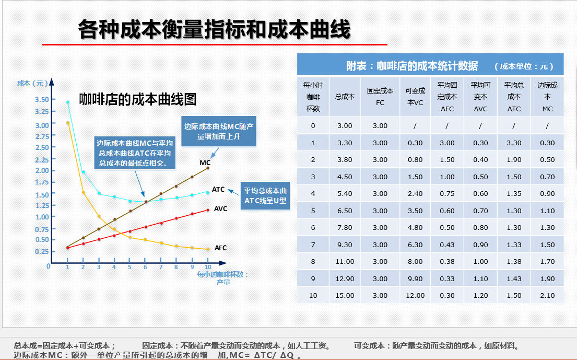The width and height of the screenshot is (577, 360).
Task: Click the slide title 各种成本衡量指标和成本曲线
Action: point(214,30)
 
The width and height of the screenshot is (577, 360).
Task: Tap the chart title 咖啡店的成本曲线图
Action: point(137,99)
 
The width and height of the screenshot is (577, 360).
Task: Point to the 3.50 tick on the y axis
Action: point(42,99)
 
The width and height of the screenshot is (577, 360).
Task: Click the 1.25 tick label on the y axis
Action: point(42,205)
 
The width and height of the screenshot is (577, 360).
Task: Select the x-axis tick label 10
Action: point(208,267)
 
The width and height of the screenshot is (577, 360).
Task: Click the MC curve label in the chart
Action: point(205,163)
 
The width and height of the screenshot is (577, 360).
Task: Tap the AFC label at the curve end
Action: point(220,248)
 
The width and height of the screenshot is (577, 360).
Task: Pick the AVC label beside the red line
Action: point(220,208)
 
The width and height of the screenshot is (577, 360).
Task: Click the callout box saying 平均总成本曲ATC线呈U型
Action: point(265,195)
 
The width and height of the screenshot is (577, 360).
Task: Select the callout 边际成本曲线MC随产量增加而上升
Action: point(219,131)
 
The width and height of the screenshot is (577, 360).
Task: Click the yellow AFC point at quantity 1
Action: point(68,123)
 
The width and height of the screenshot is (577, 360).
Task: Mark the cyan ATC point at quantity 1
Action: point(68,102)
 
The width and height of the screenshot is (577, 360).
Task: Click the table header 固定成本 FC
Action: point(380,97)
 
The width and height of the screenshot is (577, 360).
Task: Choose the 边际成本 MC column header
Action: point(547,97)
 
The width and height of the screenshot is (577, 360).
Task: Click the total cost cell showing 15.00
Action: point(345,295)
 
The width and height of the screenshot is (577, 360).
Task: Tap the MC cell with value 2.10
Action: point(547,295)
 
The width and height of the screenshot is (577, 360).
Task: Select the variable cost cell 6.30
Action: point(415,245)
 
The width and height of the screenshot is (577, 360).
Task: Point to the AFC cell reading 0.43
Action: point(447,245)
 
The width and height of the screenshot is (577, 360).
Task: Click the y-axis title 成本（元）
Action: point(32,83)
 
